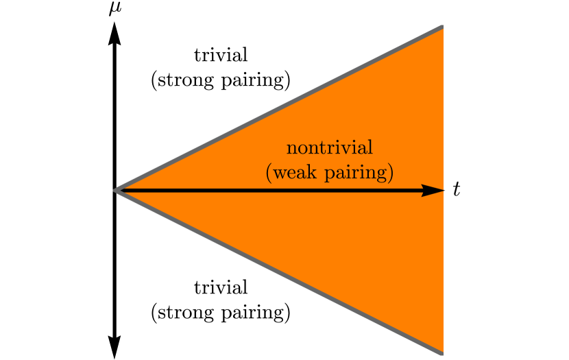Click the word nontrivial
tap(329, 148)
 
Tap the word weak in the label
tap(293, 173)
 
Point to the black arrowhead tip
tap(444, 191)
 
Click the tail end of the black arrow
tap(120, 191)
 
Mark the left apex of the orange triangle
tap(115, 191)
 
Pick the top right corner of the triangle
tap(442, 27)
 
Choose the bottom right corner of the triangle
tap(442, 353)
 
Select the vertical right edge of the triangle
tap(443, 103)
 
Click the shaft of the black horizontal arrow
tap(274, 191)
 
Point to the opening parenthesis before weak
tap(268, 173)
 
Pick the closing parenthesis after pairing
tap(390, 173)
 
